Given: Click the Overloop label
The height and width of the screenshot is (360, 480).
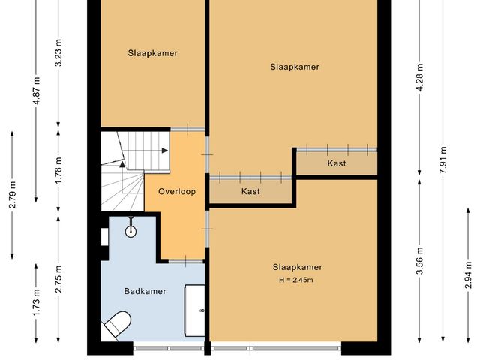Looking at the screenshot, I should [x=177, y=191].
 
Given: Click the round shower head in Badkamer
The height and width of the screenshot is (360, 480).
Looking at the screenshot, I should [x=131, y=231].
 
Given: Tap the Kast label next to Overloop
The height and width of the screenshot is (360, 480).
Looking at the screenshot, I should [x=250, y=192].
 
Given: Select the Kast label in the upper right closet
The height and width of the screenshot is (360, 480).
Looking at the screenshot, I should [x=337, y=163].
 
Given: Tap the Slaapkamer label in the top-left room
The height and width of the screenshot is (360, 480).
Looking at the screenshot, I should [x=152, y=52].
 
